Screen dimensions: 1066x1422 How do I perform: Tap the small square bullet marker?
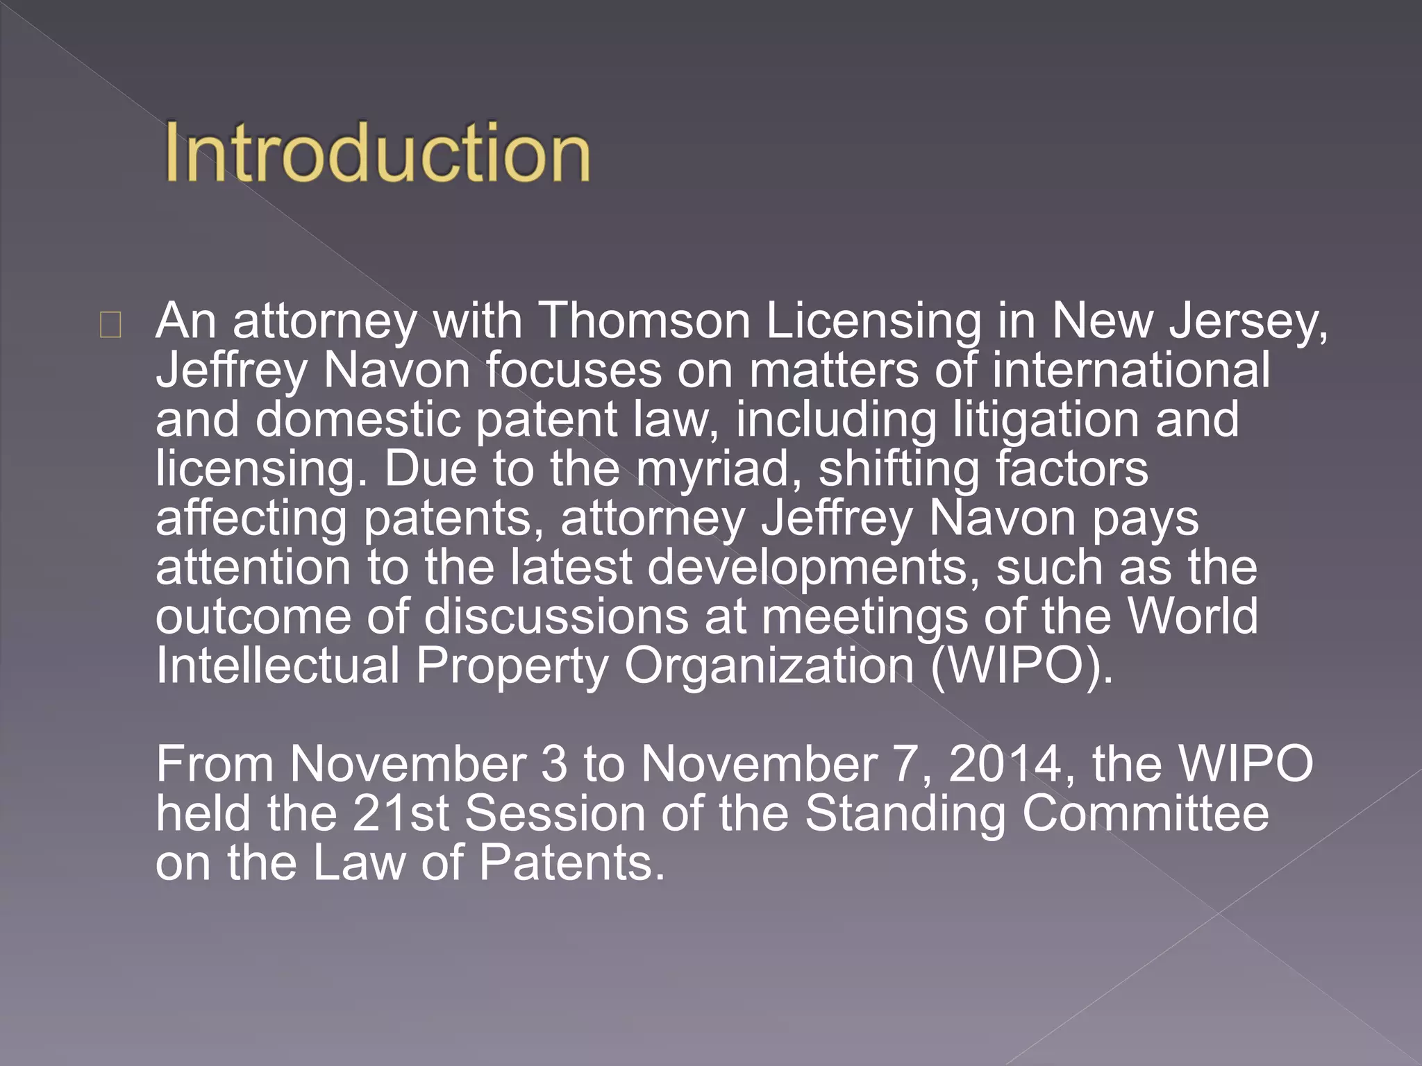110,325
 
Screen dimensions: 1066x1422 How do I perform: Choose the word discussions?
556,616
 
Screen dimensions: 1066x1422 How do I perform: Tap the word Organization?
769,667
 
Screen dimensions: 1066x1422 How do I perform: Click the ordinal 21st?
401,813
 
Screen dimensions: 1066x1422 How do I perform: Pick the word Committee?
1145,813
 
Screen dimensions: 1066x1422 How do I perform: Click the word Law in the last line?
359,863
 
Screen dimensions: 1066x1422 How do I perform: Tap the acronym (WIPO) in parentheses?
1021,667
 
